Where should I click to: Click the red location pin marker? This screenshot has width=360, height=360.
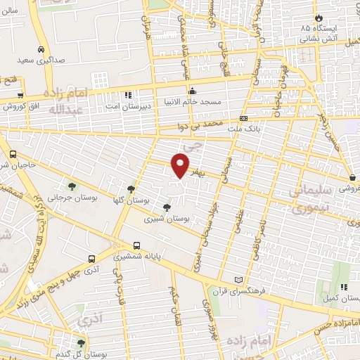coord(181,164)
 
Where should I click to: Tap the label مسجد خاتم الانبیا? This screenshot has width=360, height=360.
coord(193,102)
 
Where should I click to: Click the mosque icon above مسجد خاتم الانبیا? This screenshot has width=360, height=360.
coord(193,91)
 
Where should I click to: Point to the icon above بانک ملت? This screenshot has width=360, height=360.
coord(244,118)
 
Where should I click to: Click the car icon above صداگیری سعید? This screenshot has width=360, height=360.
coord(42,50)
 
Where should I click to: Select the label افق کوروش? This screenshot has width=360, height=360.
coord(21,107)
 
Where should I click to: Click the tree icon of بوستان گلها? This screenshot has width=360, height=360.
coord(131,189)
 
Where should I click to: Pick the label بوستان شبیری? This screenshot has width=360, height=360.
coord(167,219)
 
